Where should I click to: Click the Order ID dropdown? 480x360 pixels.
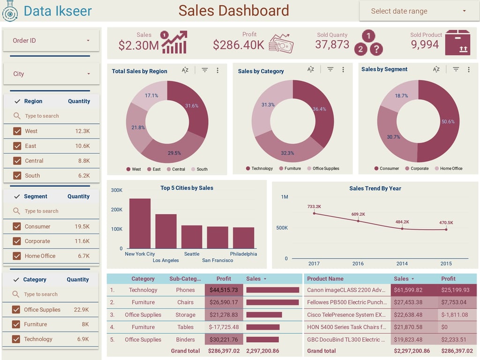click(x=51, y=41)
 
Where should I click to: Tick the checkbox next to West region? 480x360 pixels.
click(x=17, y=131)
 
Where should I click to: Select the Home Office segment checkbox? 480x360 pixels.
click(x=17, y=256)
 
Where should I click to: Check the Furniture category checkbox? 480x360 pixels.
click(x=16, y=324)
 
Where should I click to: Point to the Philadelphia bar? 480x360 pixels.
click(x=243, y=238)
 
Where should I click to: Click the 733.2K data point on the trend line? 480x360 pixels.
click(x=314, y=213)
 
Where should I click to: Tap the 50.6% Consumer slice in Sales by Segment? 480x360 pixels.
click(x=443, y=122)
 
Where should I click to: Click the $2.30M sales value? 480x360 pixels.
click(x=138, y=45)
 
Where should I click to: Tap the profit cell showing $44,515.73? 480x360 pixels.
click(x=224, y=290)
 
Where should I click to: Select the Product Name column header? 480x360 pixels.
click(x=325, y=279)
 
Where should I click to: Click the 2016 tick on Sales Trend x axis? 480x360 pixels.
click(x=358, y=263)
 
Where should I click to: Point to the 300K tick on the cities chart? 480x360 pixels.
click(x=117, y=190)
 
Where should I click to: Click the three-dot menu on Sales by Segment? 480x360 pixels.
click(x=468, y=69)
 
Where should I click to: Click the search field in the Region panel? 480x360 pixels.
click(x=52, y=116)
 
